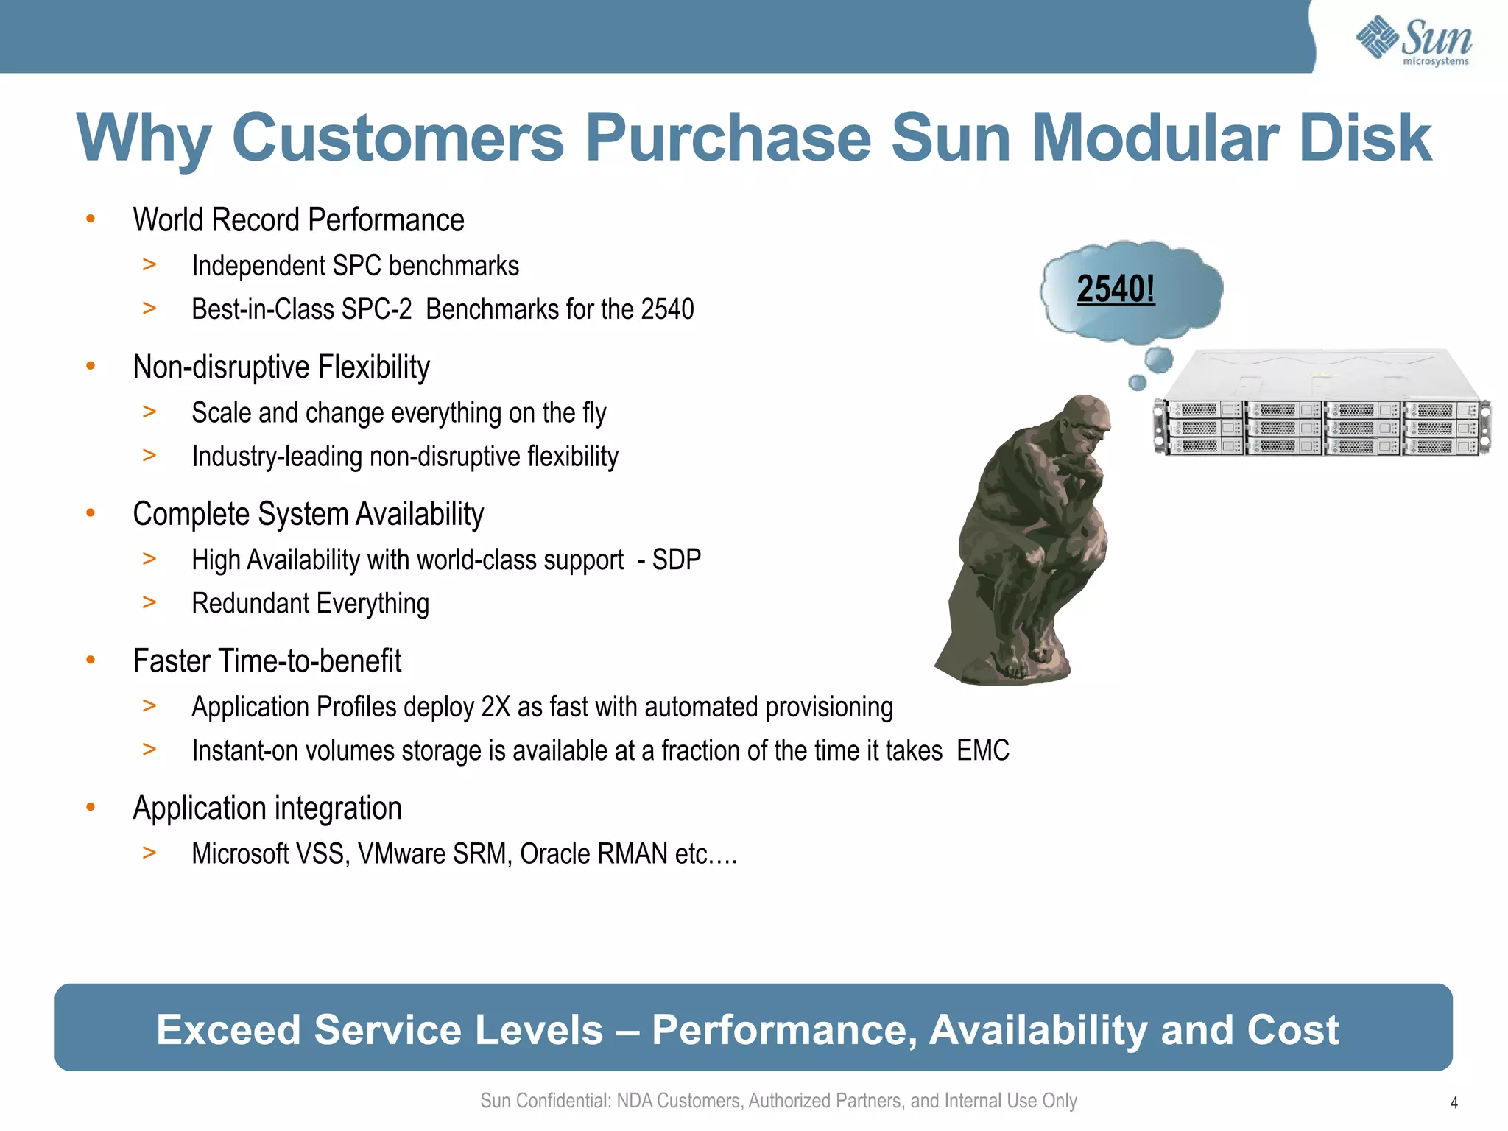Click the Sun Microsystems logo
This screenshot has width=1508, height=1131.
point(1414,40)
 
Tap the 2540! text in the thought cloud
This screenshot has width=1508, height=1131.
point(1116,289)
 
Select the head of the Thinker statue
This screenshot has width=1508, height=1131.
point(1082,427)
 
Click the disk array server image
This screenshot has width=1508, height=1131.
point(1322,405)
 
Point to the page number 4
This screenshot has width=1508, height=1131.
point(1454,1102)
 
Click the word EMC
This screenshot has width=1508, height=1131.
point(983,751)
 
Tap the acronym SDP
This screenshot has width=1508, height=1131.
point(676,560)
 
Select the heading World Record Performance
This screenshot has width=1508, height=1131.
point(298,220)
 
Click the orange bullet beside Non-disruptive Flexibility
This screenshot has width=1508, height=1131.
point(91,366)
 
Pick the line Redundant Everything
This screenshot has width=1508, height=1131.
point(310,604)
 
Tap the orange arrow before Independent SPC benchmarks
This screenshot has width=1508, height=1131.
point(149,264)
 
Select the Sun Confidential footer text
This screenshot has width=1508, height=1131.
point(778,1101)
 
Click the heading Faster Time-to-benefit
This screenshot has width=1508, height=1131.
point(267,661)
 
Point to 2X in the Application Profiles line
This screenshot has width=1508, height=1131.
point(496,707)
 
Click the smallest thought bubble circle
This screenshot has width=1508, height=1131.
point(1138,382)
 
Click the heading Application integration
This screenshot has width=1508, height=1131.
point(267,808)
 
